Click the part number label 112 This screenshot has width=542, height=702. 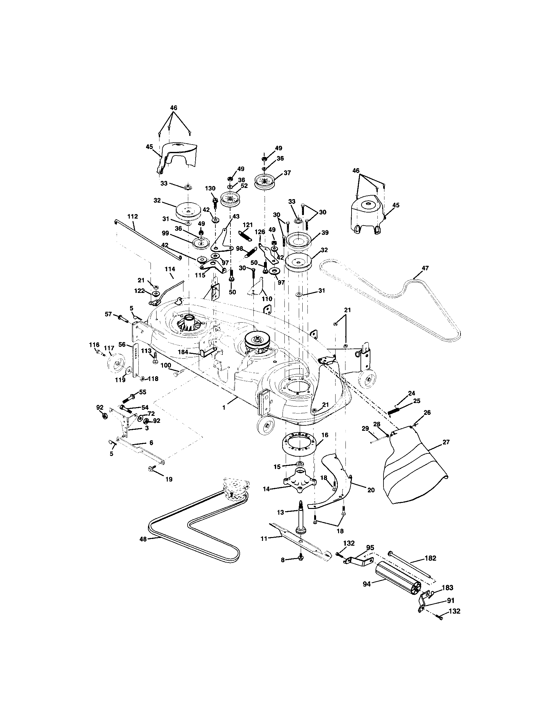click(132, 217)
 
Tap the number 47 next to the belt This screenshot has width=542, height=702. click(425, 268)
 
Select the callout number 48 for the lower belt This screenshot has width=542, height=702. click(143, 539)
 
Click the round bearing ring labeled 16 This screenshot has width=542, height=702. click(299, 443)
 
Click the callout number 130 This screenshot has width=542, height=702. click(211, 188)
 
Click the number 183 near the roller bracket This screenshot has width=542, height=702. click(447, 587)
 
